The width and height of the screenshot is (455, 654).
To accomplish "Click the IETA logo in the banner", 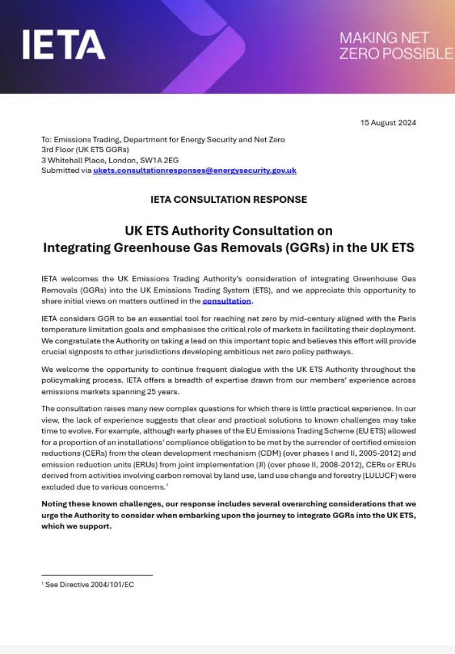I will click(x=64, y=45).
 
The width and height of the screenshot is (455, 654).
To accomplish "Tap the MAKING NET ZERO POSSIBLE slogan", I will click(x=395, y=46).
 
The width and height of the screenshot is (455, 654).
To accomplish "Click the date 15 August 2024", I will click(x=388, y=123).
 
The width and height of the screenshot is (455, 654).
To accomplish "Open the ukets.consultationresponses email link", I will click(x=194, y=170).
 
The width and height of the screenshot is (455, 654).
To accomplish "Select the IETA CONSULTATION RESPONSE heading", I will click(x=227, y=200).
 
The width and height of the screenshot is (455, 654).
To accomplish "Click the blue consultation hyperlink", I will click(x=226, y=301).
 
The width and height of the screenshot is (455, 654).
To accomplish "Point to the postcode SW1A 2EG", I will click(x=151, y=160).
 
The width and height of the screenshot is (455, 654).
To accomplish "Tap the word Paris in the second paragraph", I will click(x=406, y=319).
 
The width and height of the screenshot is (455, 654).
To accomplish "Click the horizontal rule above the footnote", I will click(x=97, y=575).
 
